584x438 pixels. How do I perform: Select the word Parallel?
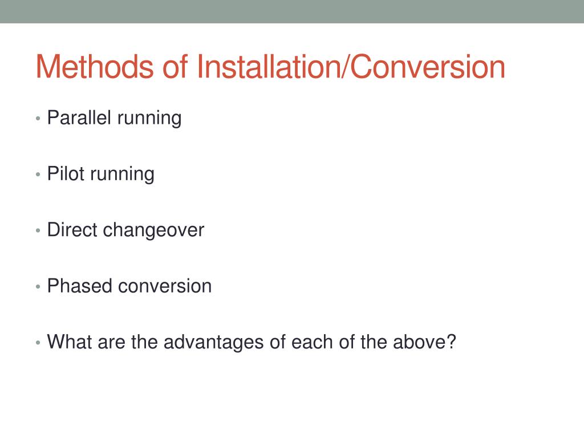(x=79, y=117)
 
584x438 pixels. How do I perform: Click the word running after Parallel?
(x=149, y=119)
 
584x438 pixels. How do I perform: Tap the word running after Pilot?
(x=122, y=175)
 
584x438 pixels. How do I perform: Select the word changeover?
(x=153, y=231)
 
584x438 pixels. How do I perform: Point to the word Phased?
(x=80, y=286)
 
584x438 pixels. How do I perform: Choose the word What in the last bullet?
(x=69, y=342)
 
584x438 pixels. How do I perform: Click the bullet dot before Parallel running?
(x=38, y=119)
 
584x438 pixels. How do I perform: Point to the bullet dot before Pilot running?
(x=38, y=175)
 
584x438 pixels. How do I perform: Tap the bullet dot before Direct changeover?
(x=38, y=231)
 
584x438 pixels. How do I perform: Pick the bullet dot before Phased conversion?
(x=38, y=287)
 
